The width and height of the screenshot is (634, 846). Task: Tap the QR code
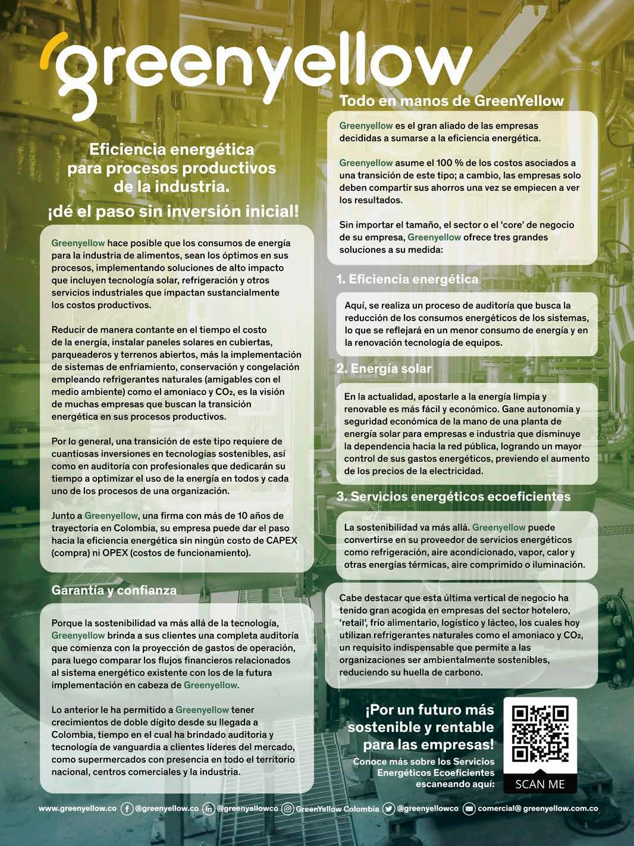540,734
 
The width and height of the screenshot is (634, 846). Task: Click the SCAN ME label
540,784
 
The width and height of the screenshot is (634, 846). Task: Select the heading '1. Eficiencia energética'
407,279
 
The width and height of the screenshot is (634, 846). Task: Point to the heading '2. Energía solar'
384,368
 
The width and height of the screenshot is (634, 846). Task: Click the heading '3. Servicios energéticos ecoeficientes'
453,496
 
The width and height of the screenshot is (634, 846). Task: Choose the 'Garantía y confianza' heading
114,590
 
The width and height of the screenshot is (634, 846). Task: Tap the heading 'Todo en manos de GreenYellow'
451,101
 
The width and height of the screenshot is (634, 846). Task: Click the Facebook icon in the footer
127,809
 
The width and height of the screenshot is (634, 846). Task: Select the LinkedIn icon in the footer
209,809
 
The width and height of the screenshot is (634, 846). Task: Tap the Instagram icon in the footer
288,809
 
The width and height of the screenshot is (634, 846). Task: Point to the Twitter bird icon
389,809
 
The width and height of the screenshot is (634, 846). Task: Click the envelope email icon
469,809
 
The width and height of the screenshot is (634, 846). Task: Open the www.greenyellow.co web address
77,809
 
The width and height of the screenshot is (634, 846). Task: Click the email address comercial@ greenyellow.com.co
538,809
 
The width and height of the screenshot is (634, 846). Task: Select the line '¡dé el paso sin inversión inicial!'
173,212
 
